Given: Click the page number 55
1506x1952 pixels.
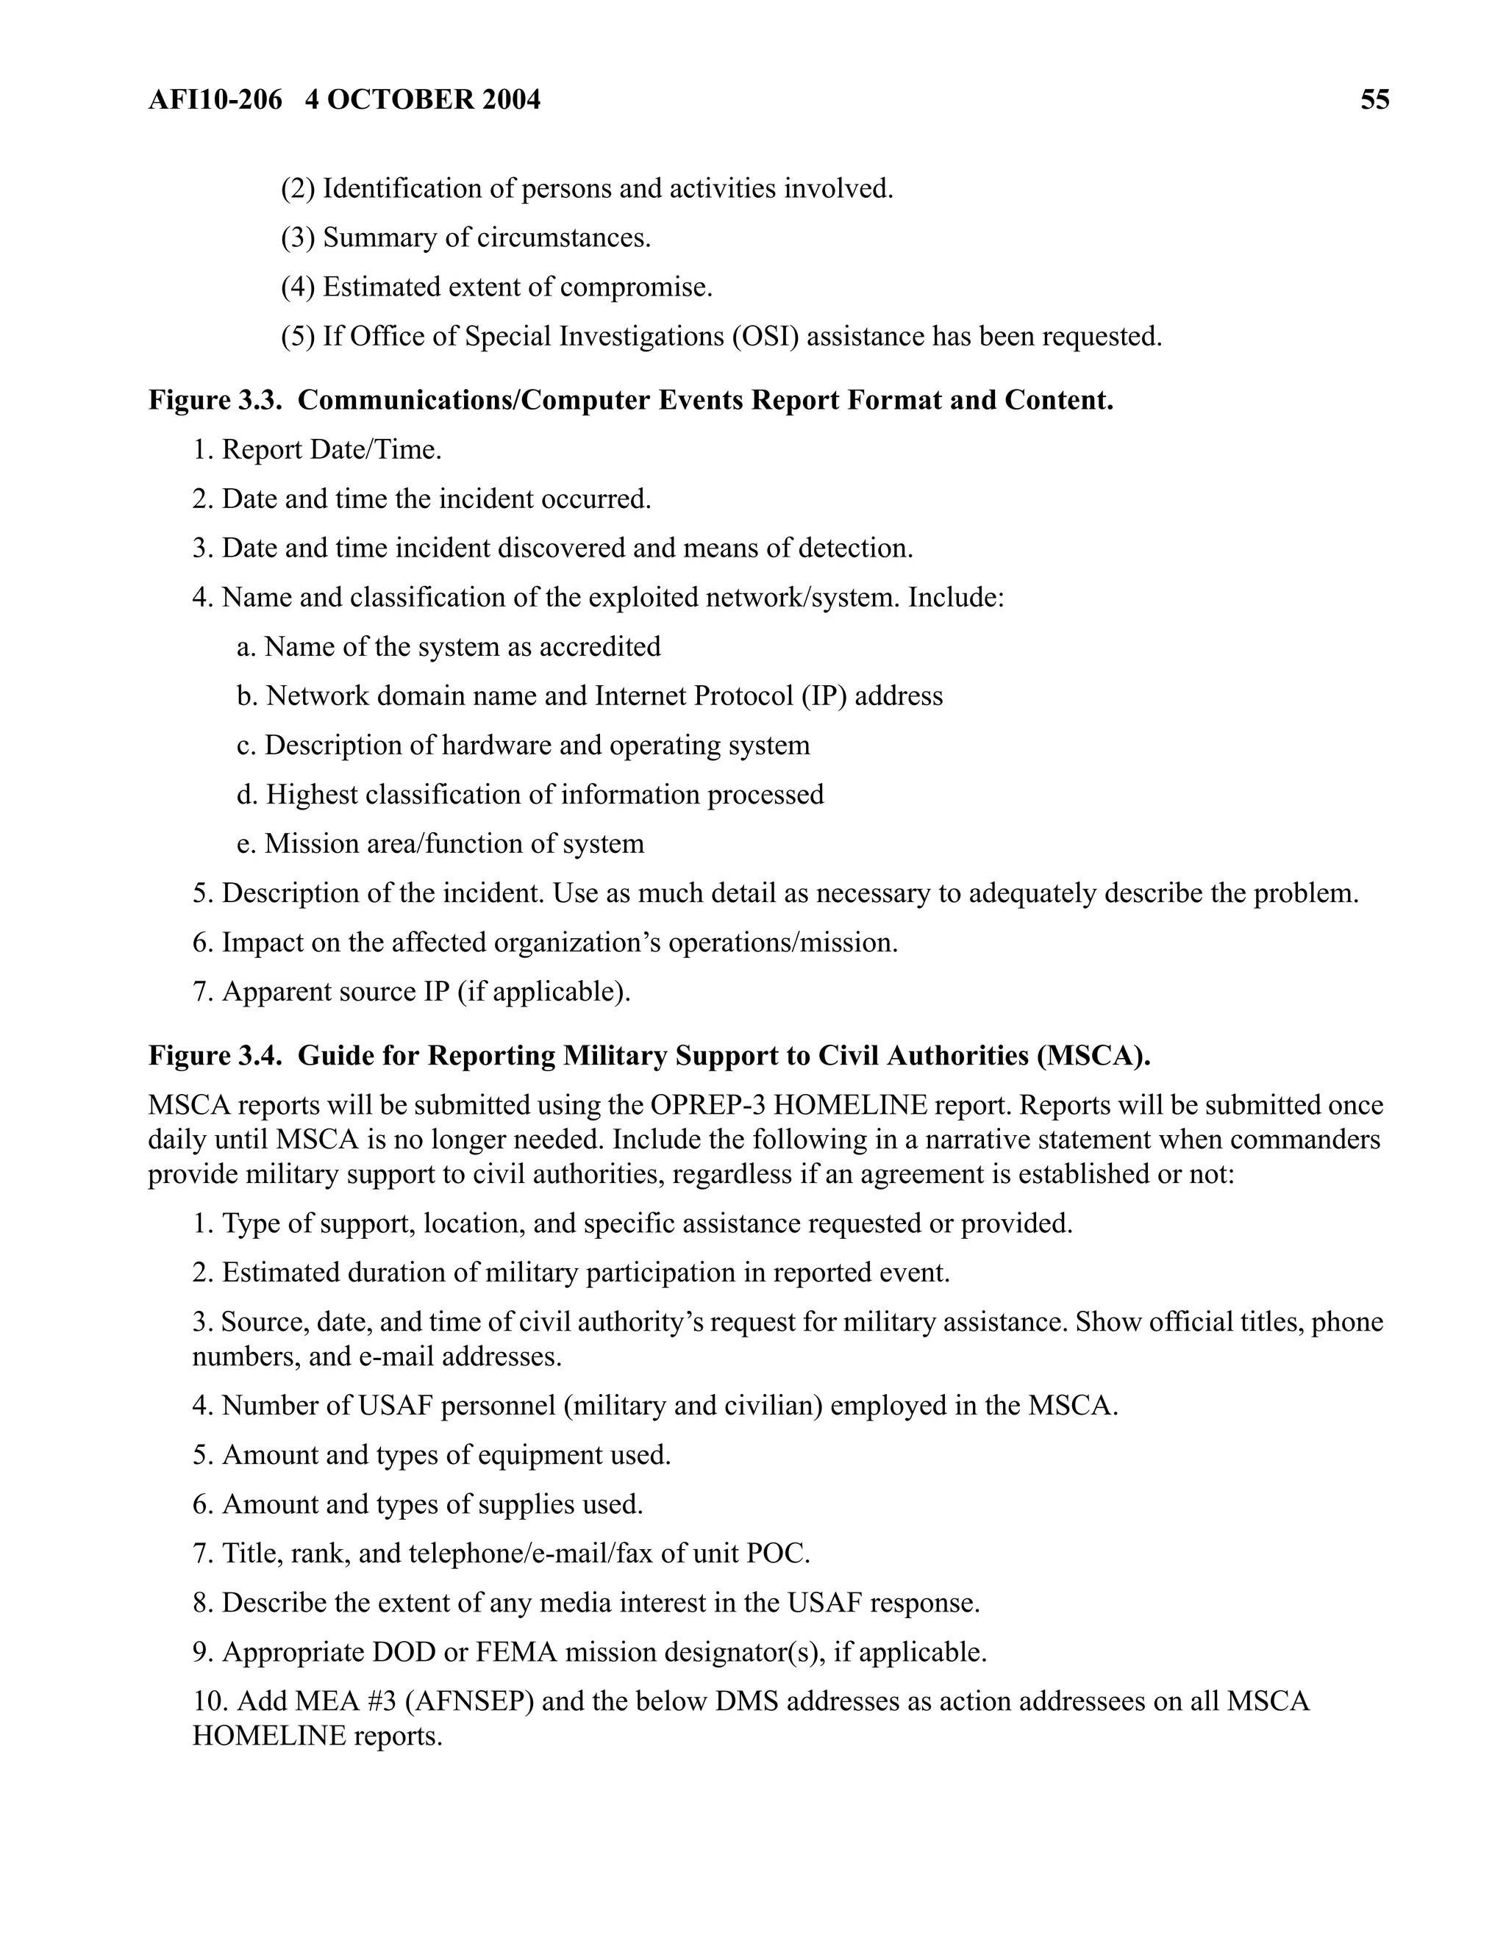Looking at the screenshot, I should pyautogui.click(x=1374, y=99).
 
